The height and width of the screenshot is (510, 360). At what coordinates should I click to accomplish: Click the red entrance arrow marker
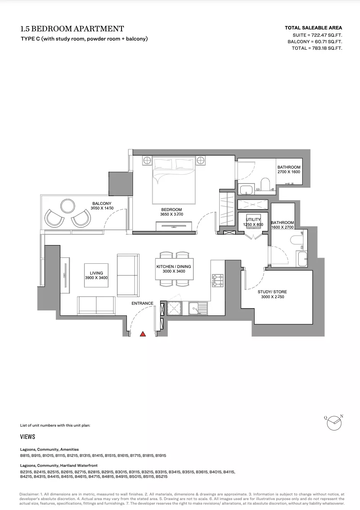click(143, 334)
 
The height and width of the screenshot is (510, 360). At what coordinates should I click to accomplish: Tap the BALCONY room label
click(102, 203)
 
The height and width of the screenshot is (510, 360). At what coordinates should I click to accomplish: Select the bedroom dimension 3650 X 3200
click(172, 214)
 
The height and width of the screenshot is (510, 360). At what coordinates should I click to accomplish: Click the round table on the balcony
click(68, 206)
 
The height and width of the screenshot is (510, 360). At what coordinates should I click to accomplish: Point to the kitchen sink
click(198, 309)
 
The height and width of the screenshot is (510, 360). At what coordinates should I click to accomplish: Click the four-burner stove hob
click(218, 281)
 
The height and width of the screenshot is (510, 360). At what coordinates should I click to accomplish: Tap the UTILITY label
click(253, 219)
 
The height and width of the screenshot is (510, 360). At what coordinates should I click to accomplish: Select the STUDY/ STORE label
click(272, 292)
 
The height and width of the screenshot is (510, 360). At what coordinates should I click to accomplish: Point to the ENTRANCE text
click(143, 303)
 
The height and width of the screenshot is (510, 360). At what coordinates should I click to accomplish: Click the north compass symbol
click(334, 423)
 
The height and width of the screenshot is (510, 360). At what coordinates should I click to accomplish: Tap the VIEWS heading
click(28, 437)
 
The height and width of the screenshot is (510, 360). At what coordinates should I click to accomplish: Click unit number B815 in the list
click(25, 456)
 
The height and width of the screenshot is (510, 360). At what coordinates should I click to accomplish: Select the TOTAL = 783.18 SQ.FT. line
click(317, 48)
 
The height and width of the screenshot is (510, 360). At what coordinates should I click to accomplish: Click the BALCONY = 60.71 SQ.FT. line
click(315, 42)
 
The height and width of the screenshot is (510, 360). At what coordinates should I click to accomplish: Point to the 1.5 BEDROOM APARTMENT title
click(72, 29)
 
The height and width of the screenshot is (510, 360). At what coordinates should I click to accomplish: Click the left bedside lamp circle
click(147, 161)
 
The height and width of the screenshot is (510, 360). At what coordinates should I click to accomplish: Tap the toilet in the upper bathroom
click(265, 184)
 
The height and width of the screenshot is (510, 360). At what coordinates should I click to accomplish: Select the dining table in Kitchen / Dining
click(174, 269)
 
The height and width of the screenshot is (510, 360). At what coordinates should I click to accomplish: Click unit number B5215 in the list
click(162, 476)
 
